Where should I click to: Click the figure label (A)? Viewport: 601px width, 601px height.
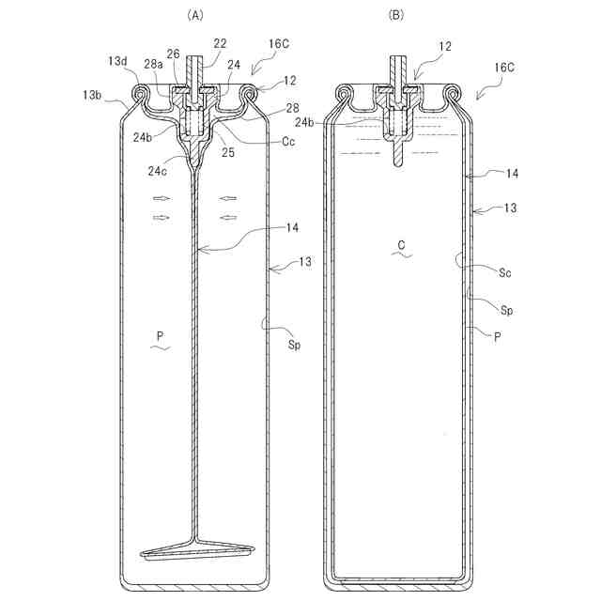pos(195,15)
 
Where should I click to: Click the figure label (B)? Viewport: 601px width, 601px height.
pos(396,15)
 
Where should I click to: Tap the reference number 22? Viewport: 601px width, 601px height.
pos(220,43)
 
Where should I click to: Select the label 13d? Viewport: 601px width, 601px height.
pos(116,60)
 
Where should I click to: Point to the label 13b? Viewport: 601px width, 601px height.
pos(92,95)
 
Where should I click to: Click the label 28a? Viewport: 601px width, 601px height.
pos(153,64)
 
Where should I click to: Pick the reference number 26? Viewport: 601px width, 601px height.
pos(173,54)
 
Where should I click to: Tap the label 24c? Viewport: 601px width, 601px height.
pos(158,171)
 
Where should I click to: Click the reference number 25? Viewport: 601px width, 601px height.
pos(228,152)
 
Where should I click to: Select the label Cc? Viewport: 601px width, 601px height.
pos(288,142)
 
